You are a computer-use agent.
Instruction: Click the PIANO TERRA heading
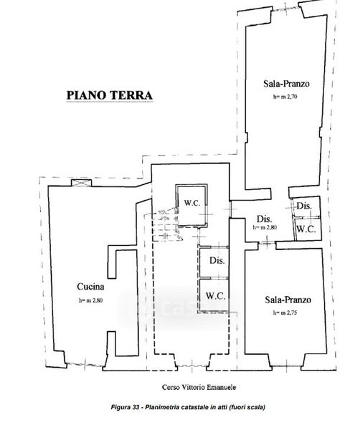(110, 95)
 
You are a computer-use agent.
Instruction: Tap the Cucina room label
(90, 287)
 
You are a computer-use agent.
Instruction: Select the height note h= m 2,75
(285, 312)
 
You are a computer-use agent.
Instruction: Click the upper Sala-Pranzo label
(286, 83)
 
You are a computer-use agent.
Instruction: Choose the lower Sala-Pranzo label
(288, 300)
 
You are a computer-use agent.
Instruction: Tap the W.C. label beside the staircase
(192, 204)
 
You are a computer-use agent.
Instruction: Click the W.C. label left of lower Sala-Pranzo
(216, 295)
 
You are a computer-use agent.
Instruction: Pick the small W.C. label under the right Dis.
(306, 229)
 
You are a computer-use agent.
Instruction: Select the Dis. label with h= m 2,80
(264, 219)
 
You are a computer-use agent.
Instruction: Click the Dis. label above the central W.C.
(217, 260)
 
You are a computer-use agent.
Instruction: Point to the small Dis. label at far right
(304, 206)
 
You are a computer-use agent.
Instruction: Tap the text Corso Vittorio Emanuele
(199, 387)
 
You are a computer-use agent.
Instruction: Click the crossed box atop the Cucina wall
(81, 183)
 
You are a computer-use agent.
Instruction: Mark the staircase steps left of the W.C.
(165, 225)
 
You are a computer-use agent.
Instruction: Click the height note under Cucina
(90, 300)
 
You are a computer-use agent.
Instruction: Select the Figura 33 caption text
(188, 407)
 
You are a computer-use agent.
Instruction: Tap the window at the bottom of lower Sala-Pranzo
(286, 365)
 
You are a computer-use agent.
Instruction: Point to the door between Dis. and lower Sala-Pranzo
(267, 242)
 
